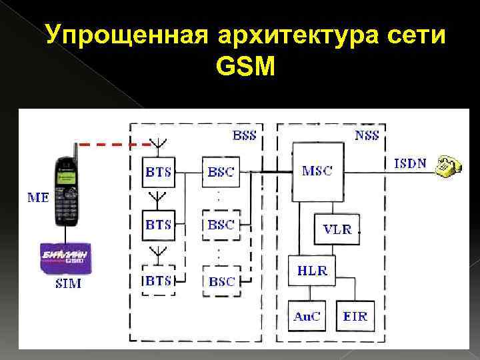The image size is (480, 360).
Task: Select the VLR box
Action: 337,229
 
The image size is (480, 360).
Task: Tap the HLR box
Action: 312,270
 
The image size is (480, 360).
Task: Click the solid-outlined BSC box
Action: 221,173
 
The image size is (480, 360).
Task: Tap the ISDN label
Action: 411,163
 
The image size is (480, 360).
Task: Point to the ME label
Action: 38,198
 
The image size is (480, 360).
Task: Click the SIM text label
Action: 67,284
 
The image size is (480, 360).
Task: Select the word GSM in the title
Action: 245,66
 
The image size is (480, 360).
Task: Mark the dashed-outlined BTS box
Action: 158,281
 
